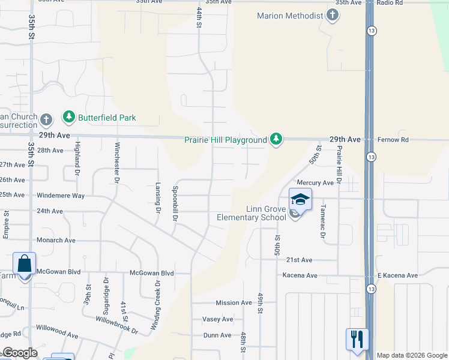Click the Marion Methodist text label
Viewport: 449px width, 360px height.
coord(290,16)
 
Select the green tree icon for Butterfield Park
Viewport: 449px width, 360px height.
coord(69,117)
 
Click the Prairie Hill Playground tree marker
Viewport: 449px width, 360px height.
coord(276,139)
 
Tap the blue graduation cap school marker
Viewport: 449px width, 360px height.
coord(300,199)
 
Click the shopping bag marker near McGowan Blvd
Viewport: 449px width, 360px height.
coord(25,264)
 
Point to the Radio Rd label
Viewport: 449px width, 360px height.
coord(390,3)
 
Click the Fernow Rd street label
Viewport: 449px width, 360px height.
coord(393,140)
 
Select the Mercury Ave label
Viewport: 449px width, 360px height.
coord(315,182)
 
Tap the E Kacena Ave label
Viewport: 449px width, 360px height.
coord(397,275)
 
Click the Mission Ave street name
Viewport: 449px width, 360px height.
coord(234,303)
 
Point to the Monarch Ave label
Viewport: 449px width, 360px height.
coord(56,240)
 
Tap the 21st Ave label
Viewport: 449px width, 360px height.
coord(299,260)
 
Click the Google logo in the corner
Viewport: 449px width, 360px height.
coord(19,353)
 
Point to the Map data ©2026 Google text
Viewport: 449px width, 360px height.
coord(411,355)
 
